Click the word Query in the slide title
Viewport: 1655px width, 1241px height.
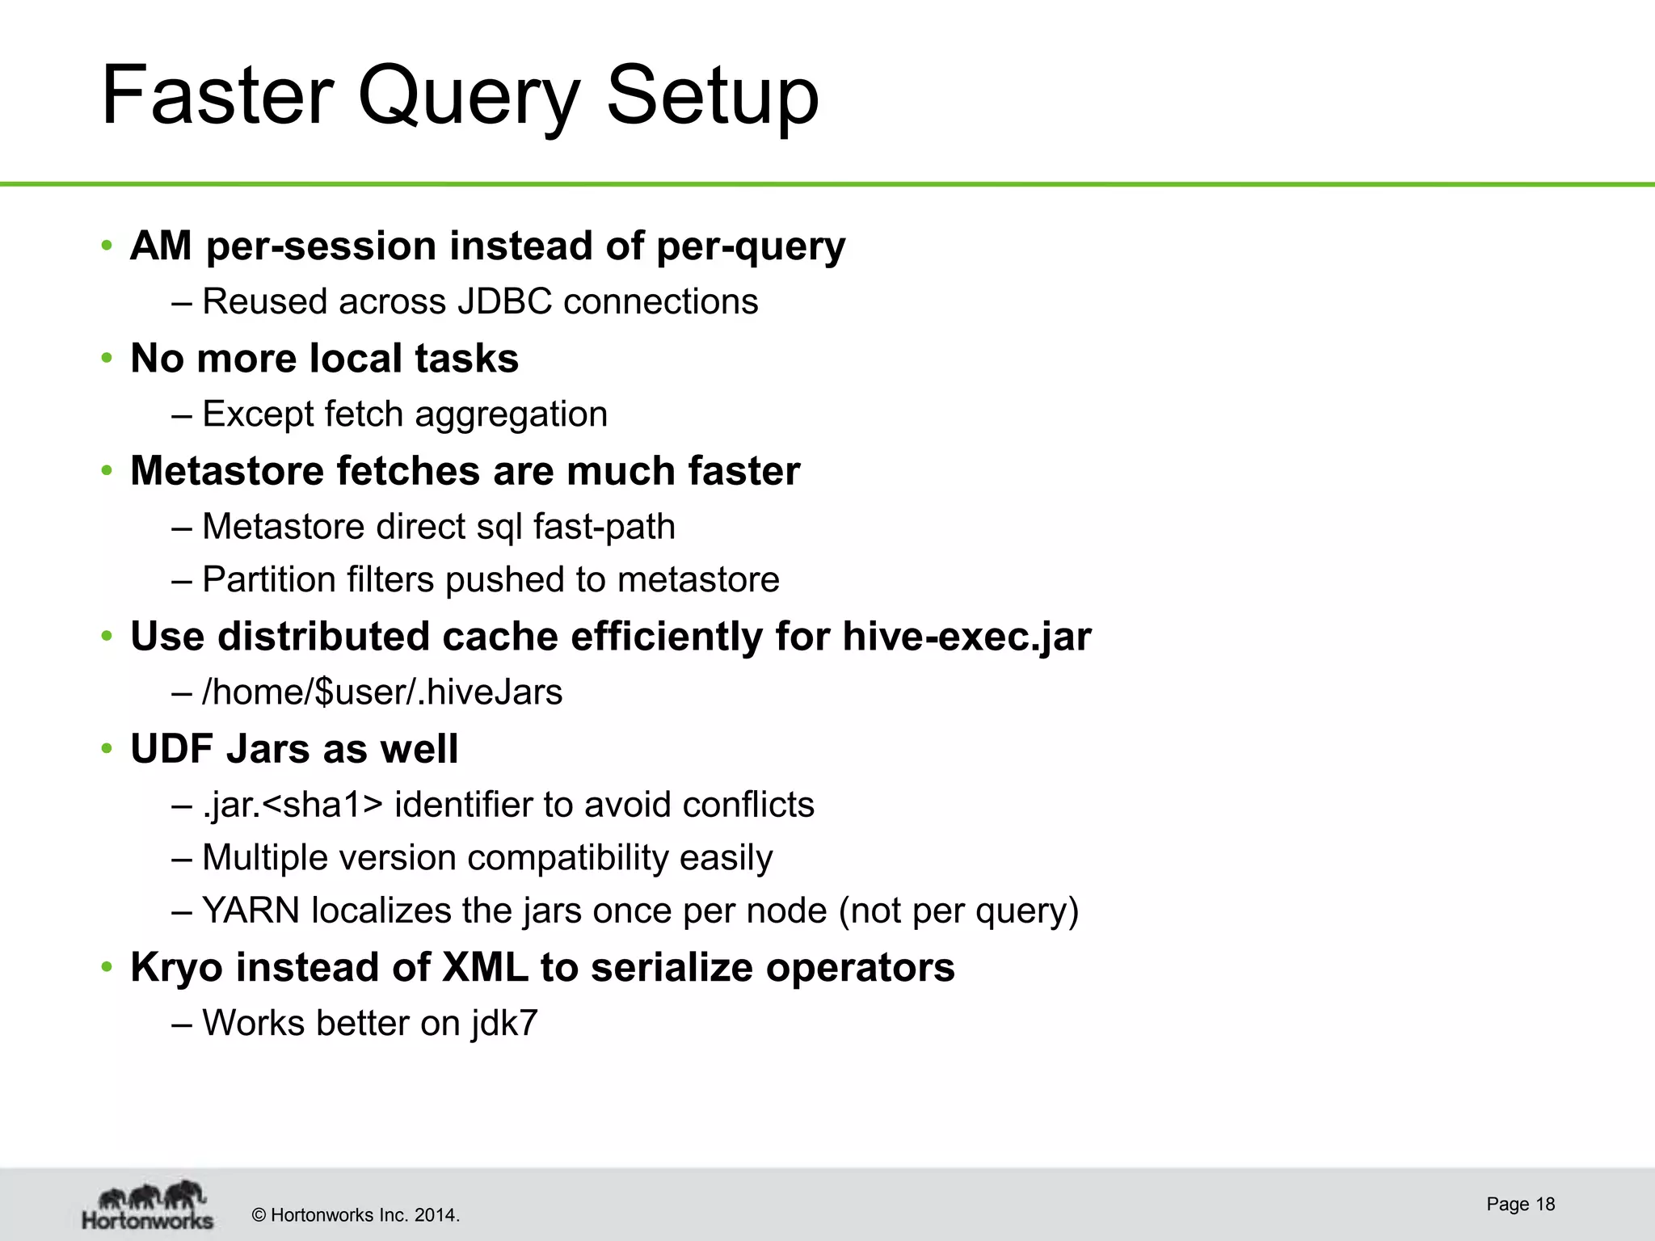click(469, 97)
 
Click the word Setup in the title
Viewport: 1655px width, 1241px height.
click(712, 97)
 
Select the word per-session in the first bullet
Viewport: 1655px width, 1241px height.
click(321, 246)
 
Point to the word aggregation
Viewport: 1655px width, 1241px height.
click(511, 414)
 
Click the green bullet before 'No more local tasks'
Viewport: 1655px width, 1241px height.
click(107, 359)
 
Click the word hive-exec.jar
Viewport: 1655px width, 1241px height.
click(966, 637)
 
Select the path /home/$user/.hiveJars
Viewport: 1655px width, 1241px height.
click(382, 692)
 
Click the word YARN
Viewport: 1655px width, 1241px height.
click(251, 911)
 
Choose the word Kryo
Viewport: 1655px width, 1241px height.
click(176, 968)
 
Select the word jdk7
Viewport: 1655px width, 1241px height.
click(505, 1024)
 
